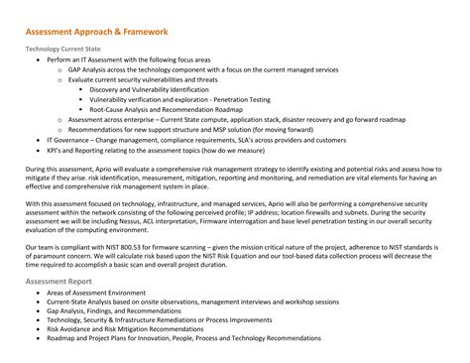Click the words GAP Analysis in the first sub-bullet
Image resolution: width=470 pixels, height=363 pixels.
pyautogui.click(x=91, y=70)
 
